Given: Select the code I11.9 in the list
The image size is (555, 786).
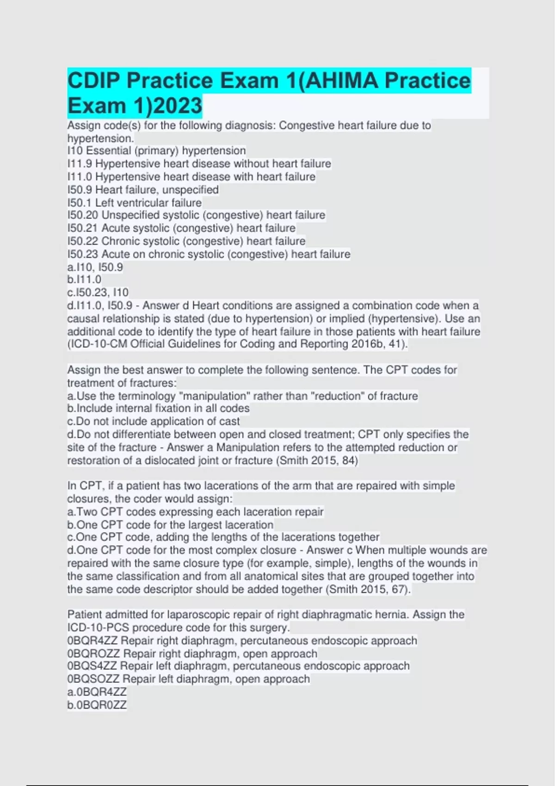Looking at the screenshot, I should [x=80, y=164].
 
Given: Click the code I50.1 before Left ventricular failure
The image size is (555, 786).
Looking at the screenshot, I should [x=80, y=203].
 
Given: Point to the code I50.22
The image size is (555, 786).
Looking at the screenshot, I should [x=83, y=241].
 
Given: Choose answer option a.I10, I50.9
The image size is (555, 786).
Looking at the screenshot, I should [x=95, y=267].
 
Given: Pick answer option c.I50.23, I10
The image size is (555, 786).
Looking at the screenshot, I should [x=98, y=292].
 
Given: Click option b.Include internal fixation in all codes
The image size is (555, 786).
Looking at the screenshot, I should [x=158, y=408].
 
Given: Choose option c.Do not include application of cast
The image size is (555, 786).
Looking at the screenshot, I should [x=154, y=421].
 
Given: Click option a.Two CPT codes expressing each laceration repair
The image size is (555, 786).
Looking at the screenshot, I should [x=195, y=512].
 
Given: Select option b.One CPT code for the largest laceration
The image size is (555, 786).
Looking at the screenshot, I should [x=170, y=525].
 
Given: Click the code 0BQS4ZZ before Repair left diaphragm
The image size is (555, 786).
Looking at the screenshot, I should [x=92, y=666].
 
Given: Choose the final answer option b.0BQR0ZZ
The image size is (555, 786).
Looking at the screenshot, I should [x=97, y=705].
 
